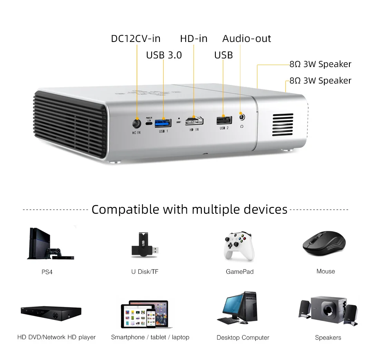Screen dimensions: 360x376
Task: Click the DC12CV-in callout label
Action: (x=136, y=38)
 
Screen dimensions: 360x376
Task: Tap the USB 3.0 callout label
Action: (x=164, y=55)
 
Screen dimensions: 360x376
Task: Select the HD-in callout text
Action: (x=193, y=38)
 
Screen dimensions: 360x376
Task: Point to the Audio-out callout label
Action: (x=246, y=38)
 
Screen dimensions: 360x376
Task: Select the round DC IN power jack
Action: (x=137, y=123)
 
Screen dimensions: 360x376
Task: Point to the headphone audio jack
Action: (x=242, y=117)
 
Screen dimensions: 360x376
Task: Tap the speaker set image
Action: (x=328, y=311)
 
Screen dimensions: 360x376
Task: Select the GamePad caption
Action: (x=240, y=271)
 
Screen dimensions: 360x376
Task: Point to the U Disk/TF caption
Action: (x=145, y=271)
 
